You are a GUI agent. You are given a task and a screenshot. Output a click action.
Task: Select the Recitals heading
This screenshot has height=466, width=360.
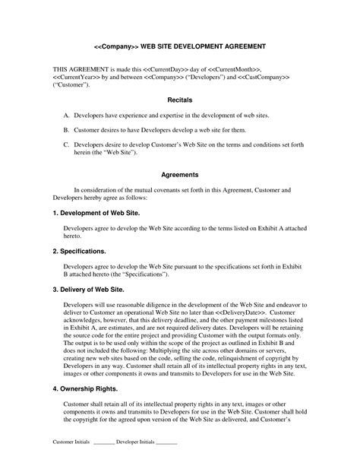point(179,100)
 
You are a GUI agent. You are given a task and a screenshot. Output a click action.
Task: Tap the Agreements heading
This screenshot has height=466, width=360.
point(179,175)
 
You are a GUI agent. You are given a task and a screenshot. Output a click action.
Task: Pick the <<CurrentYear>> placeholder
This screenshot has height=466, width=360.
point(77,77)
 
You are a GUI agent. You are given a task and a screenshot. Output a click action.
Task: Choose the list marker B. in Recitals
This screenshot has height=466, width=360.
point(67,129)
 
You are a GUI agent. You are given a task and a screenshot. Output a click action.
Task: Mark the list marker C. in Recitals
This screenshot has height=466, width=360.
point(67,144)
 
